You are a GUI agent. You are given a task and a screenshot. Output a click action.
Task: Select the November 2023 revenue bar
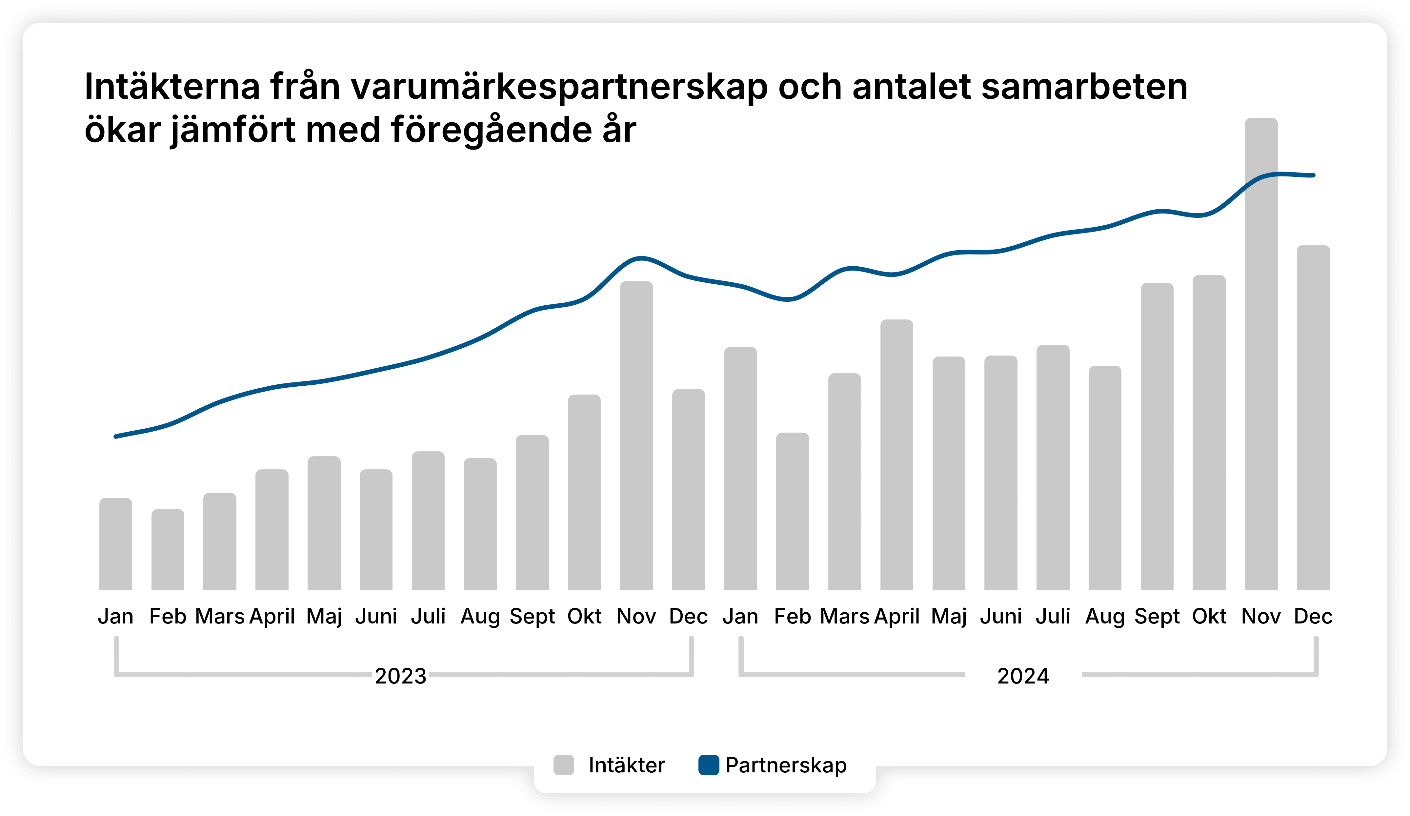[x=636, y=437]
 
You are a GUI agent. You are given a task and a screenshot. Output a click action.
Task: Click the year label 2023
[x=401, y=676]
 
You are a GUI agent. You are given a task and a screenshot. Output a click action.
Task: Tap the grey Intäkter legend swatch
[x=563, y=765]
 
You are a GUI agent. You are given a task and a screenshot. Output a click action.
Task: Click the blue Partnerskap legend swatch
[x=708, y=765]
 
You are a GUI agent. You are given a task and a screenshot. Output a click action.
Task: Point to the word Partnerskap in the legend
[x=786, y=765]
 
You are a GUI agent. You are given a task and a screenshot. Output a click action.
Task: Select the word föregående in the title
[x=491, y=131]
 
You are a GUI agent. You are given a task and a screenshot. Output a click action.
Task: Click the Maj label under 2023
[x=324, y=616]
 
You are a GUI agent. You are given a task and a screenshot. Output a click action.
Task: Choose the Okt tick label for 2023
[x=584, y=616]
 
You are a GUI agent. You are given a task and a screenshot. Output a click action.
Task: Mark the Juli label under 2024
[x=1053, y=616]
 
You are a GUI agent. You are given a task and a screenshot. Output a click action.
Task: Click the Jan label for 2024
[x=740, y=616]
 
